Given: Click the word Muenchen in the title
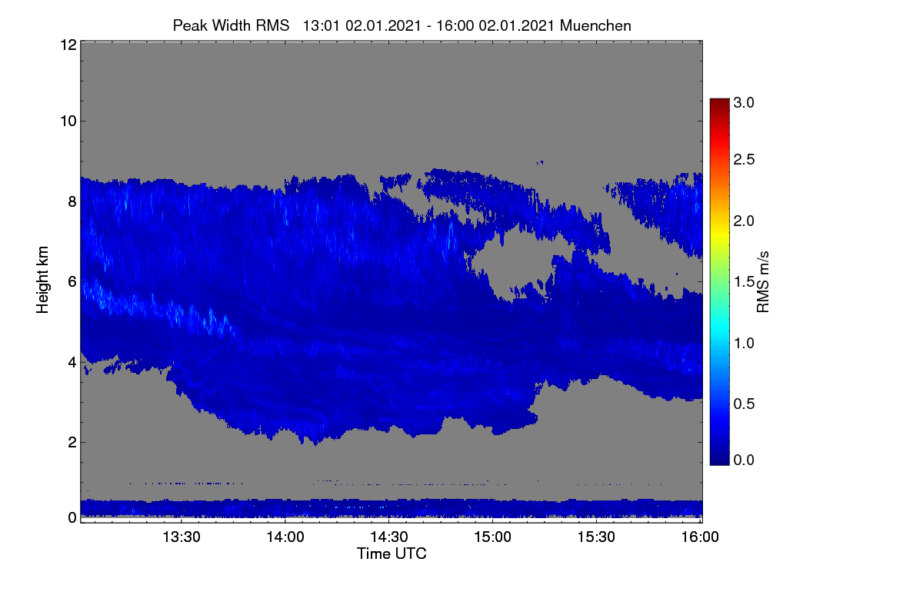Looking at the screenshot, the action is click(x=595, y=25).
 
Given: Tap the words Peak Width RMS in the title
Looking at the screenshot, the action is click(x=231, y=25).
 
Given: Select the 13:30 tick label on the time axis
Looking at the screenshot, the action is click(x=182, y=537).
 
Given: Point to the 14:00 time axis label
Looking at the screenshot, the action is click(x=285, y=537).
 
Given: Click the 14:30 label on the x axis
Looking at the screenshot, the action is click(x=389, y=537).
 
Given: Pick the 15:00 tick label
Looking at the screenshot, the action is click(x=492, y=537).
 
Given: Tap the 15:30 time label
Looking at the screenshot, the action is click(x=596, y=537).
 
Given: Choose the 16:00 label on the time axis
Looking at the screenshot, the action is click(x=700, y=537).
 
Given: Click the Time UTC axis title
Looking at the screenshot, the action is click(x=392, y=553).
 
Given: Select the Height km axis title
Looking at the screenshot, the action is click(x=42, y=280).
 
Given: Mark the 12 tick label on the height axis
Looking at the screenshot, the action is click(x=68, y=45).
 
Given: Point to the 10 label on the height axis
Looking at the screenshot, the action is click(x=68, y=121).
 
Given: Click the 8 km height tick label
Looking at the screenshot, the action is click(x=72, y=201).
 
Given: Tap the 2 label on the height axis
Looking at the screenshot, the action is click(x=72, y=442).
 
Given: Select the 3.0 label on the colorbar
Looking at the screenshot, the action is click(x=744, y=102).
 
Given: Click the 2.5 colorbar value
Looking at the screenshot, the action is click(x=744, y=159).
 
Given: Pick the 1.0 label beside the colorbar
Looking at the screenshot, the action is click(x=744, y=343).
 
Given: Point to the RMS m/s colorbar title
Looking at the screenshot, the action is click(x=763, y=282).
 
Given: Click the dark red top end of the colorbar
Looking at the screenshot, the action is click(x=719, y=100).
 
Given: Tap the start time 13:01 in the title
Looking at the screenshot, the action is click(x=322, y=25).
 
